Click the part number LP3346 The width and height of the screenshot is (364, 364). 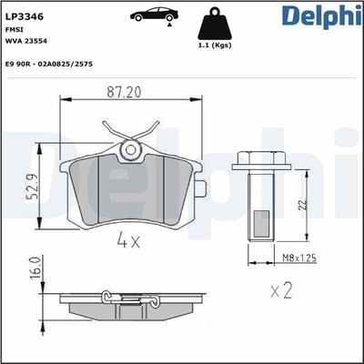point(26,15)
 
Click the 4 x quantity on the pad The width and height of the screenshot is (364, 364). point(129,242)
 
